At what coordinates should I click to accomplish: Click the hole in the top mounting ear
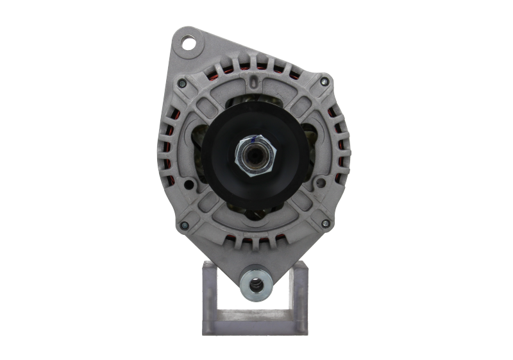tap(189, 44)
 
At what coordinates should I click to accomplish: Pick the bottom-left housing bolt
tap(183, 224)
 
